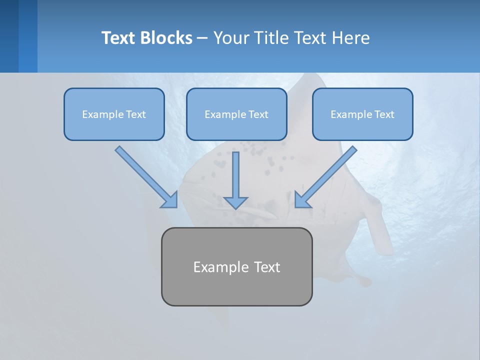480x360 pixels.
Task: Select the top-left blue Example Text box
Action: (114, 114)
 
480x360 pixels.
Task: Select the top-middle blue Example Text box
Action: (236, 114)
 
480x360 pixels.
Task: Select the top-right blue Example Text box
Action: (362, 114)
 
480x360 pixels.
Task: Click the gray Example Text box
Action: (236, 266)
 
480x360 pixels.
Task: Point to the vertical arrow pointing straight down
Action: (235, 177)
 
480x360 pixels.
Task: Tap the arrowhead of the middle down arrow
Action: (235, 202)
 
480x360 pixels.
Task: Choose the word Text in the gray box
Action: (267, 267)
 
